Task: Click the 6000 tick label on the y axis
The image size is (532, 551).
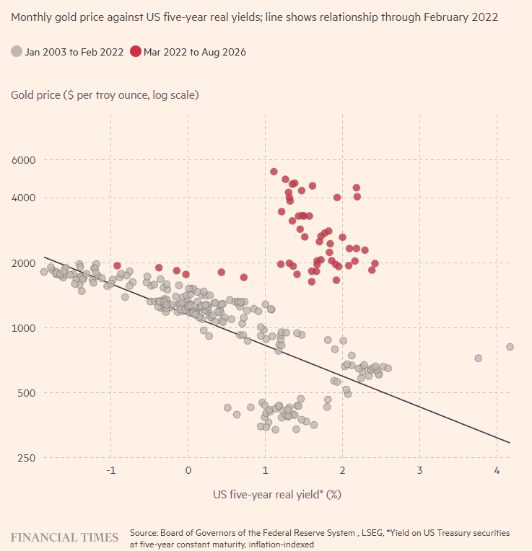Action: point(24,160)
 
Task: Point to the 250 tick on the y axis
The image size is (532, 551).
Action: point(27,458)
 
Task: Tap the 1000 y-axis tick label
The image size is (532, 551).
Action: point(24,328)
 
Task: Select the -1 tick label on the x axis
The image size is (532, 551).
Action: point(111,470)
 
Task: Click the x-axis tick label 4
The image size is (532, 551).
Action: point(497,470)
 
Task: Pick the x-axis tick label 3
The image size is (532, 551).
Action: point(420,470)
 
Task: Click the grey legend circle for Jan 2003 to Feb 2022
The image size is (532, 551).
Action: point(17,52)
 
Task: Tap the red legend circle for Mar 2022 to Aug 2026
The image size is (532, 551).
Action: point(136,52)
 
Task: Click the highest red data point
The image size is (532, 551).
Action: point(274,172)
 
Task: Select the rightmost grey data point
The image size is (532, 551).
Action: point(510,347)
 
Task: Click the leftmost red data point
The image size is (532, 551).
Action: point(118,265)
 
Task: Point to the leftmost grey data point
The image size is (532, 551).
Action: point(44,272)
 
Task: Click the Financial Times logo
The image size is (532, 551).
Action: point(64,537)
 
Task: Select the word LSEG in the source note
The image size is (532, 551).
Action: point(372,533)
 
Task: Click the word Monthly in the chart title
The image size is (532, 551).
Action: point(31,17)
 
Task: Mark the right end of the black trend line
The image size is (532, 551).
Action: point(510,442)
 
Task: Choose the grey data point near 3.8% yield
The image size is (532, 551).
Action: point(478,358)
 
